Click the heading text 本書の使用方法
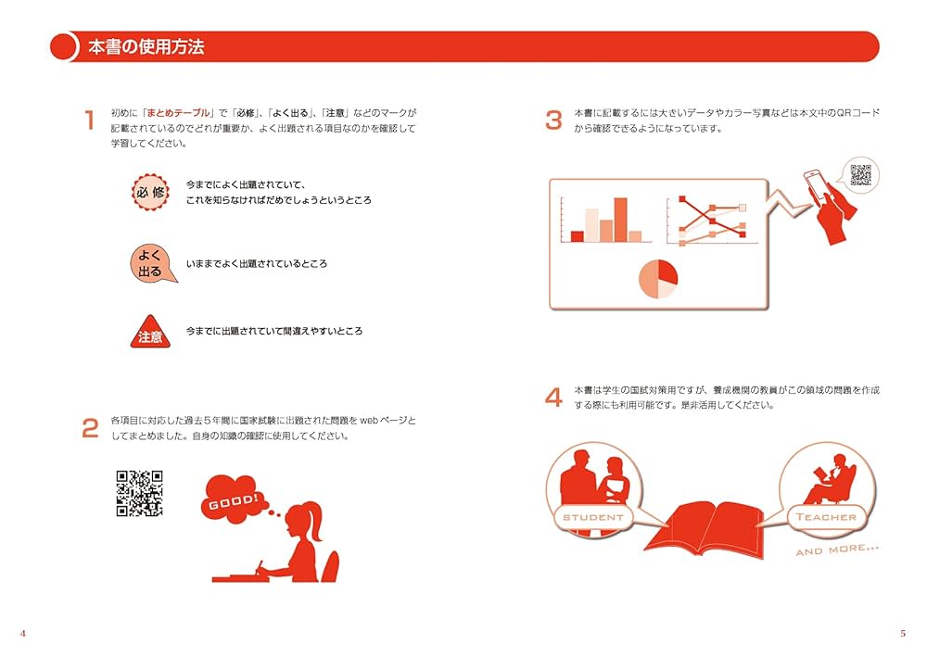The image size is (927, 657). [146, 47]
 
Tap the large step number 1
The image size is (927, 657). [90, 120]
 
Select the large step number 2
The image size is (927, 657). [90, 428]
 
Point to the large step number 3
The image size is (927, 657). [553, 120]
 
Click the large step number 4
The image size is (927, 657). [553, 398]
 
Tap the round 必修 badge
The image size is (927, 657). [149, 193]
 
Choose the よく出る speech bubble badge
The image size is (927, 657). [149, 264]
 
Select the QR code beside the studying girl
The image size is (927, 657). [139, 493]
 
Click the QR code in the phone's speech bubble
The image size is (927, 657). [861, 174]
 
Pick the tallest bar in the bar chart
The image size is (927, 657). [620, 220]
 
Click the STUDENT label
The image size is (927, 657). [593, 516]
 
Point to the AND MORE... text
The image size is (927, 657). [836, 550]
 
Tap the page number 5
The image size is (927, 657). [902, 634]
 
